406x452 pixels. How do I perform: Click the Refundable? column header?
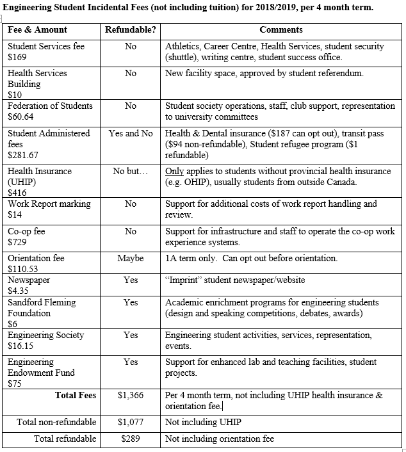[131, 30]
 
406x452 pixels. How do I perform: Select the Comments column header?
[281, 30]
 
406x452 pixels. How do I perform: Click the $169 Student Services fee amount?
[16, 57]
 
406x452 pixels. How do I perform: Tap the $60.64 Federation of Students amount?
[20, 117]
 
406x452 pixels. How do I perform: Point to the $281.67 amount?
[23, 155]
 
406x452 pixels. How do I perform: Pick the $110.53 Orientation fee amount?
[23, 269]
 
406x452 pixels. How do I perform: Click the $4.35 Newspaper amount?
[18, 291]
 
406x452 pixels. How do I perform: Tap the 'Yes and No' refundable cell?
[131, 133]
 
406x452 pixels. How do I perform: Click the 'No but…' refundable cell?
[131, 172]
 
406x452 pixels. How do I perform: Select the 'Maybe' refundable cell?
[131, 258]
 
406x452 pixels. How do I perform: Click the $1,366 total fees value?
[131, 396]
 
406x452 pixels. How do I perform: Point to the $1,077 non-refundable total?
[131, 422]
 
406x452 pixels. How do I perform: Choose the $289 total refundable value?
[131, 439]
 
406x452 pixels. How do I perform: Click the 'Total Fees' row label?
[76, 396]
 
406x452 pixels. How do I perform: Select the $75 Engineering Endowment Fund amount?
[14, 383]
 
